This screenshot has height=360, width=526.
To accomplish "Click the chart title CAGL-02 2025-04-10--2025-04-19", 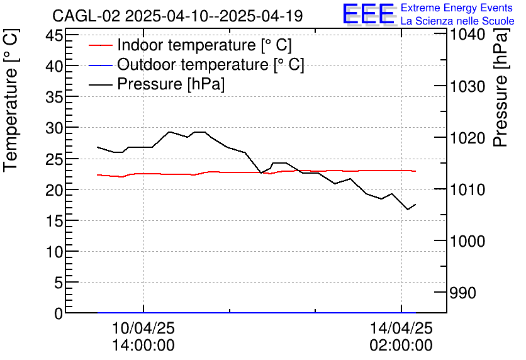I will (x=177, y=16).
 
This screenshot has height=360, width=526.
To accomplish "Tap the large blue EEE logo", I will (x=367, y=14).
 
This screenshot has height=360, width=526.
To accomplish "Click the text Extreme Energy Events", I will (x=456, y=8).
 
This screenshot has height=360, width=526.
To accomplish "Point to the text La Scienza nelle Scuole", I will (x=457, y=21).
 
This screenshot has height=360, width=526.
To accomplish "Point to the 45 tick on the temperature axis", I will (x=55, y=35).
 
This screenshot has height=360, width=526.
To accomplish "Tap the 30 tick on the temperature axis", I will (x=55, y=128).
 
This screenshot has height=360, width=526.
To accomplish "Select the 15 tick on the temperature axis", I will (x=55, y=221).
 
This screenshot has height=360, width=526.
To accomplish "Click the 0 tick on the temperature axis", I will (x=59, y=313).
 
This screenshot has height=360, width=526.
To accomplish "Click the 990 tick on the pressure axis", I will (x=462, y=293).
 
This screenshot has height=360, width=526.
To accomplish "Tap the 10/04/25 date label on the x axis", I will (x=143, y=329).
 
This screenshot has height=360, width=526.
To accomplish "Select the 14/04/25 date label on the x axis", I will (x=401, y=329).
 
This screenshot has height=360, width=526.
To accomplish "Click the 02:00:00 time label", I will (x=401, y=346).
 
